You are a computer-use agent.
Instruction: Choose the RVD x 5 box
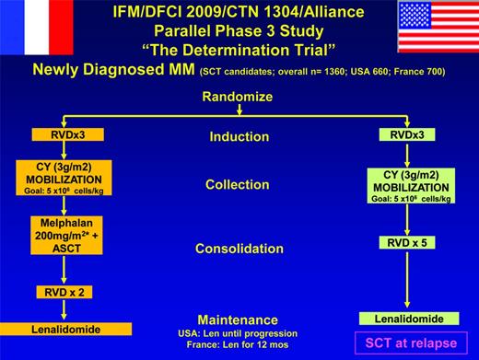(403, 244)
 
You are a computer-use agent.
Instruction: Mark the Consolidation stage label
(239, 248)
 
